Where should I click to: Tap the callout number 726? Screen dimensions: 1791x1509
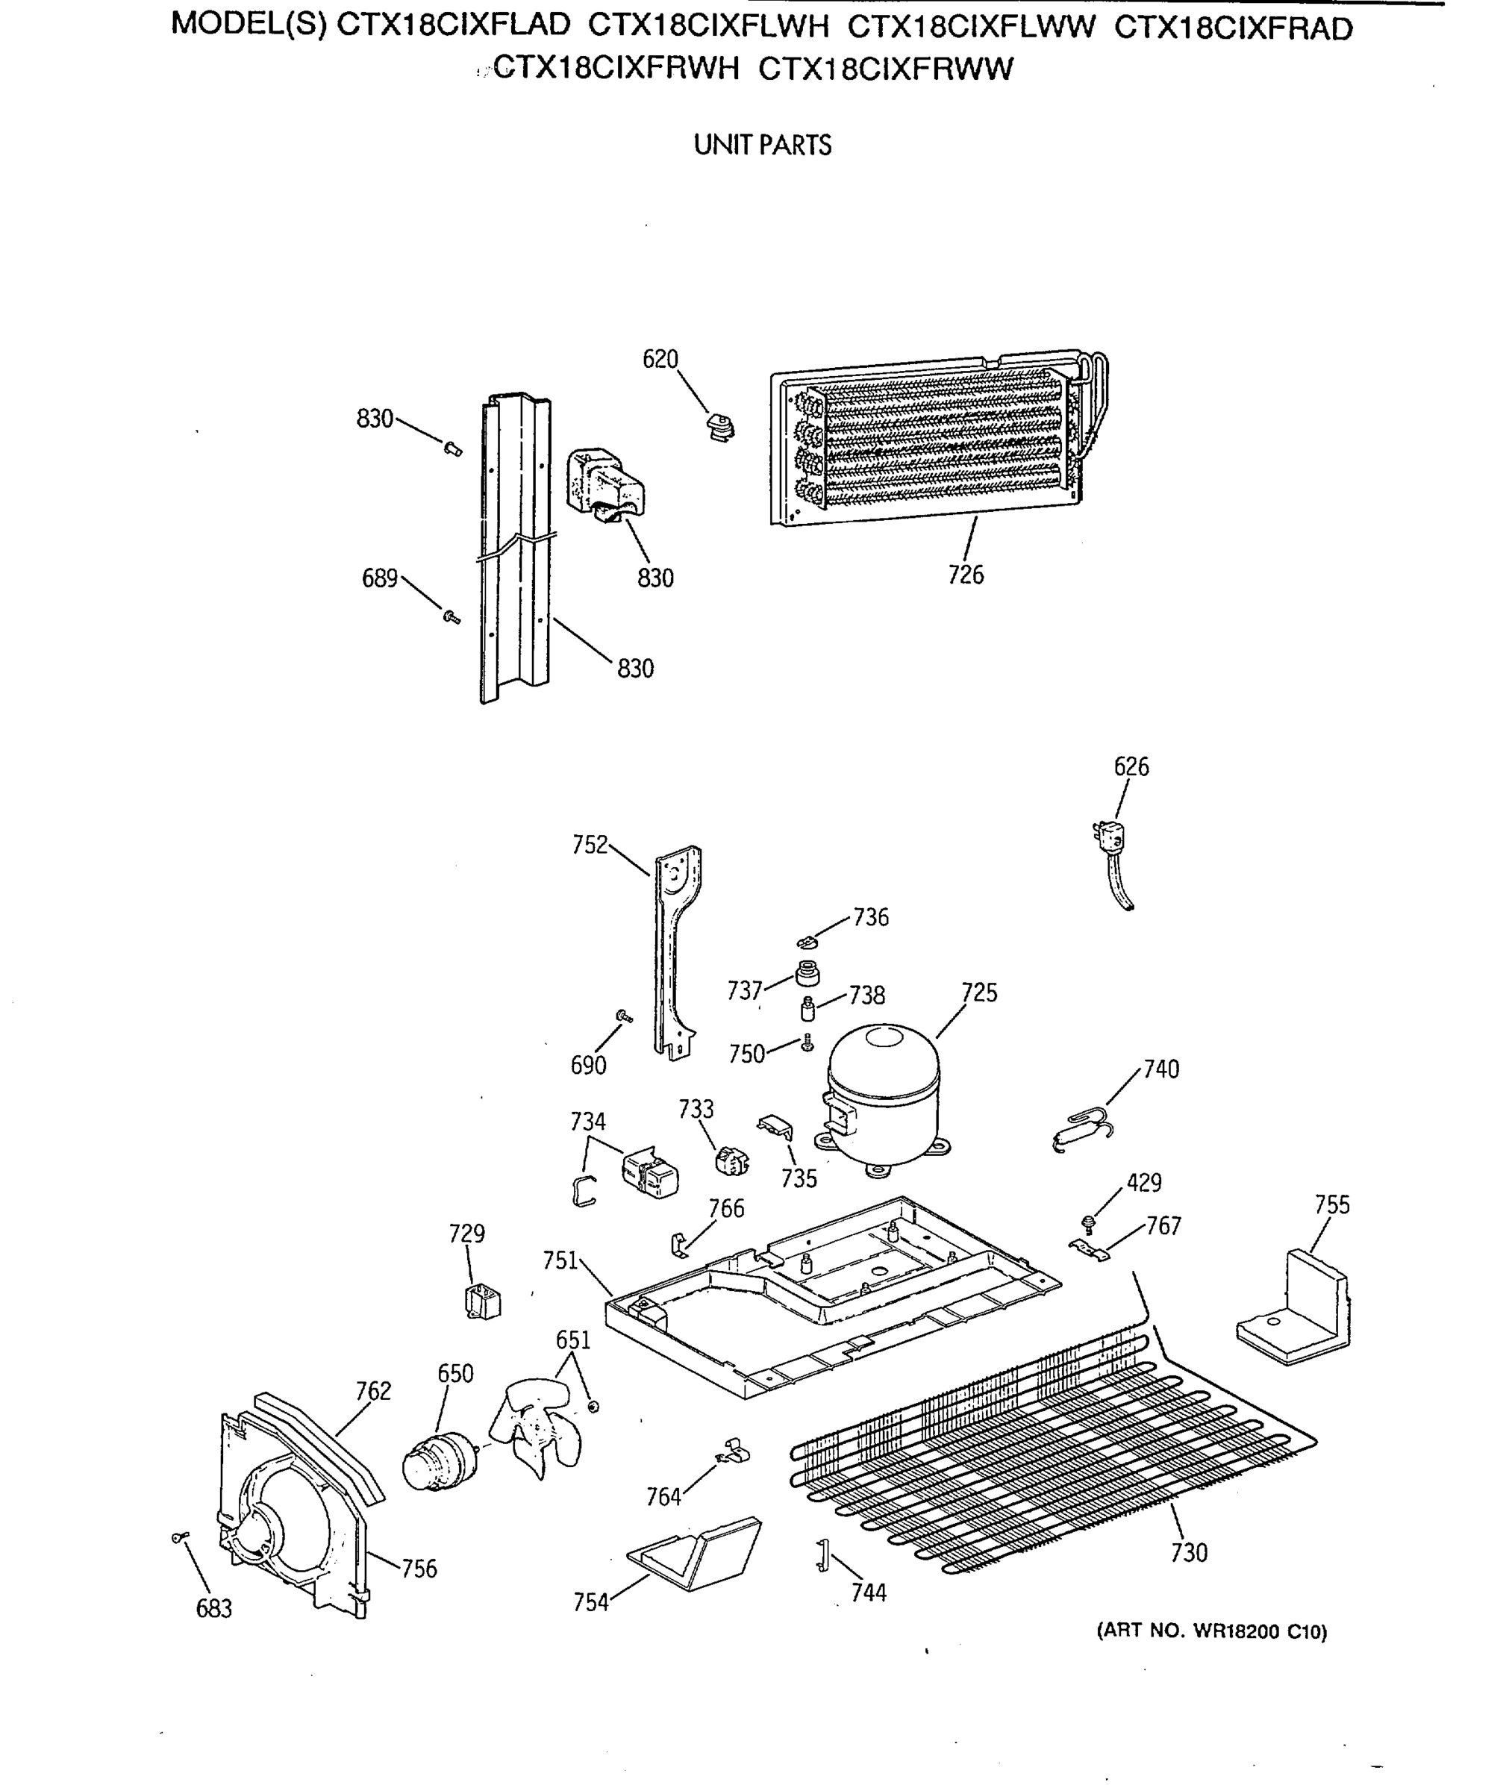966,575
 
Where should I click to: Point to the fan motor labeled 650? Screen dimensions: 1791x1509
438,1463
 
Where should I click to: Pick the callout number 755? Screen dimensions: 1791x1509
1332,1205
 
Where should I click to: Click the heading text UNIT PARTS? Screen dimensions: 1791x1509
762,146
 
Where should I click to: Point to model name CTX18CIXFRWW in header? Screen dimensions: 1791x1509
885,69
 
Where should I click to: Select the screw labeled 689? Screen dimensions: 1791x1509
451,616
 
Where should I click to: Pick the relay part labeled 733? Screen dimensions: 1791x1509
731,1161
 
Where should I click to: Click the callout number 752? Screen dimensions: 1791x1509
590,845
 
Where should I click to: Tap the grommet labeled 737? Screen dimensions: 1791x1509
807,973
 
